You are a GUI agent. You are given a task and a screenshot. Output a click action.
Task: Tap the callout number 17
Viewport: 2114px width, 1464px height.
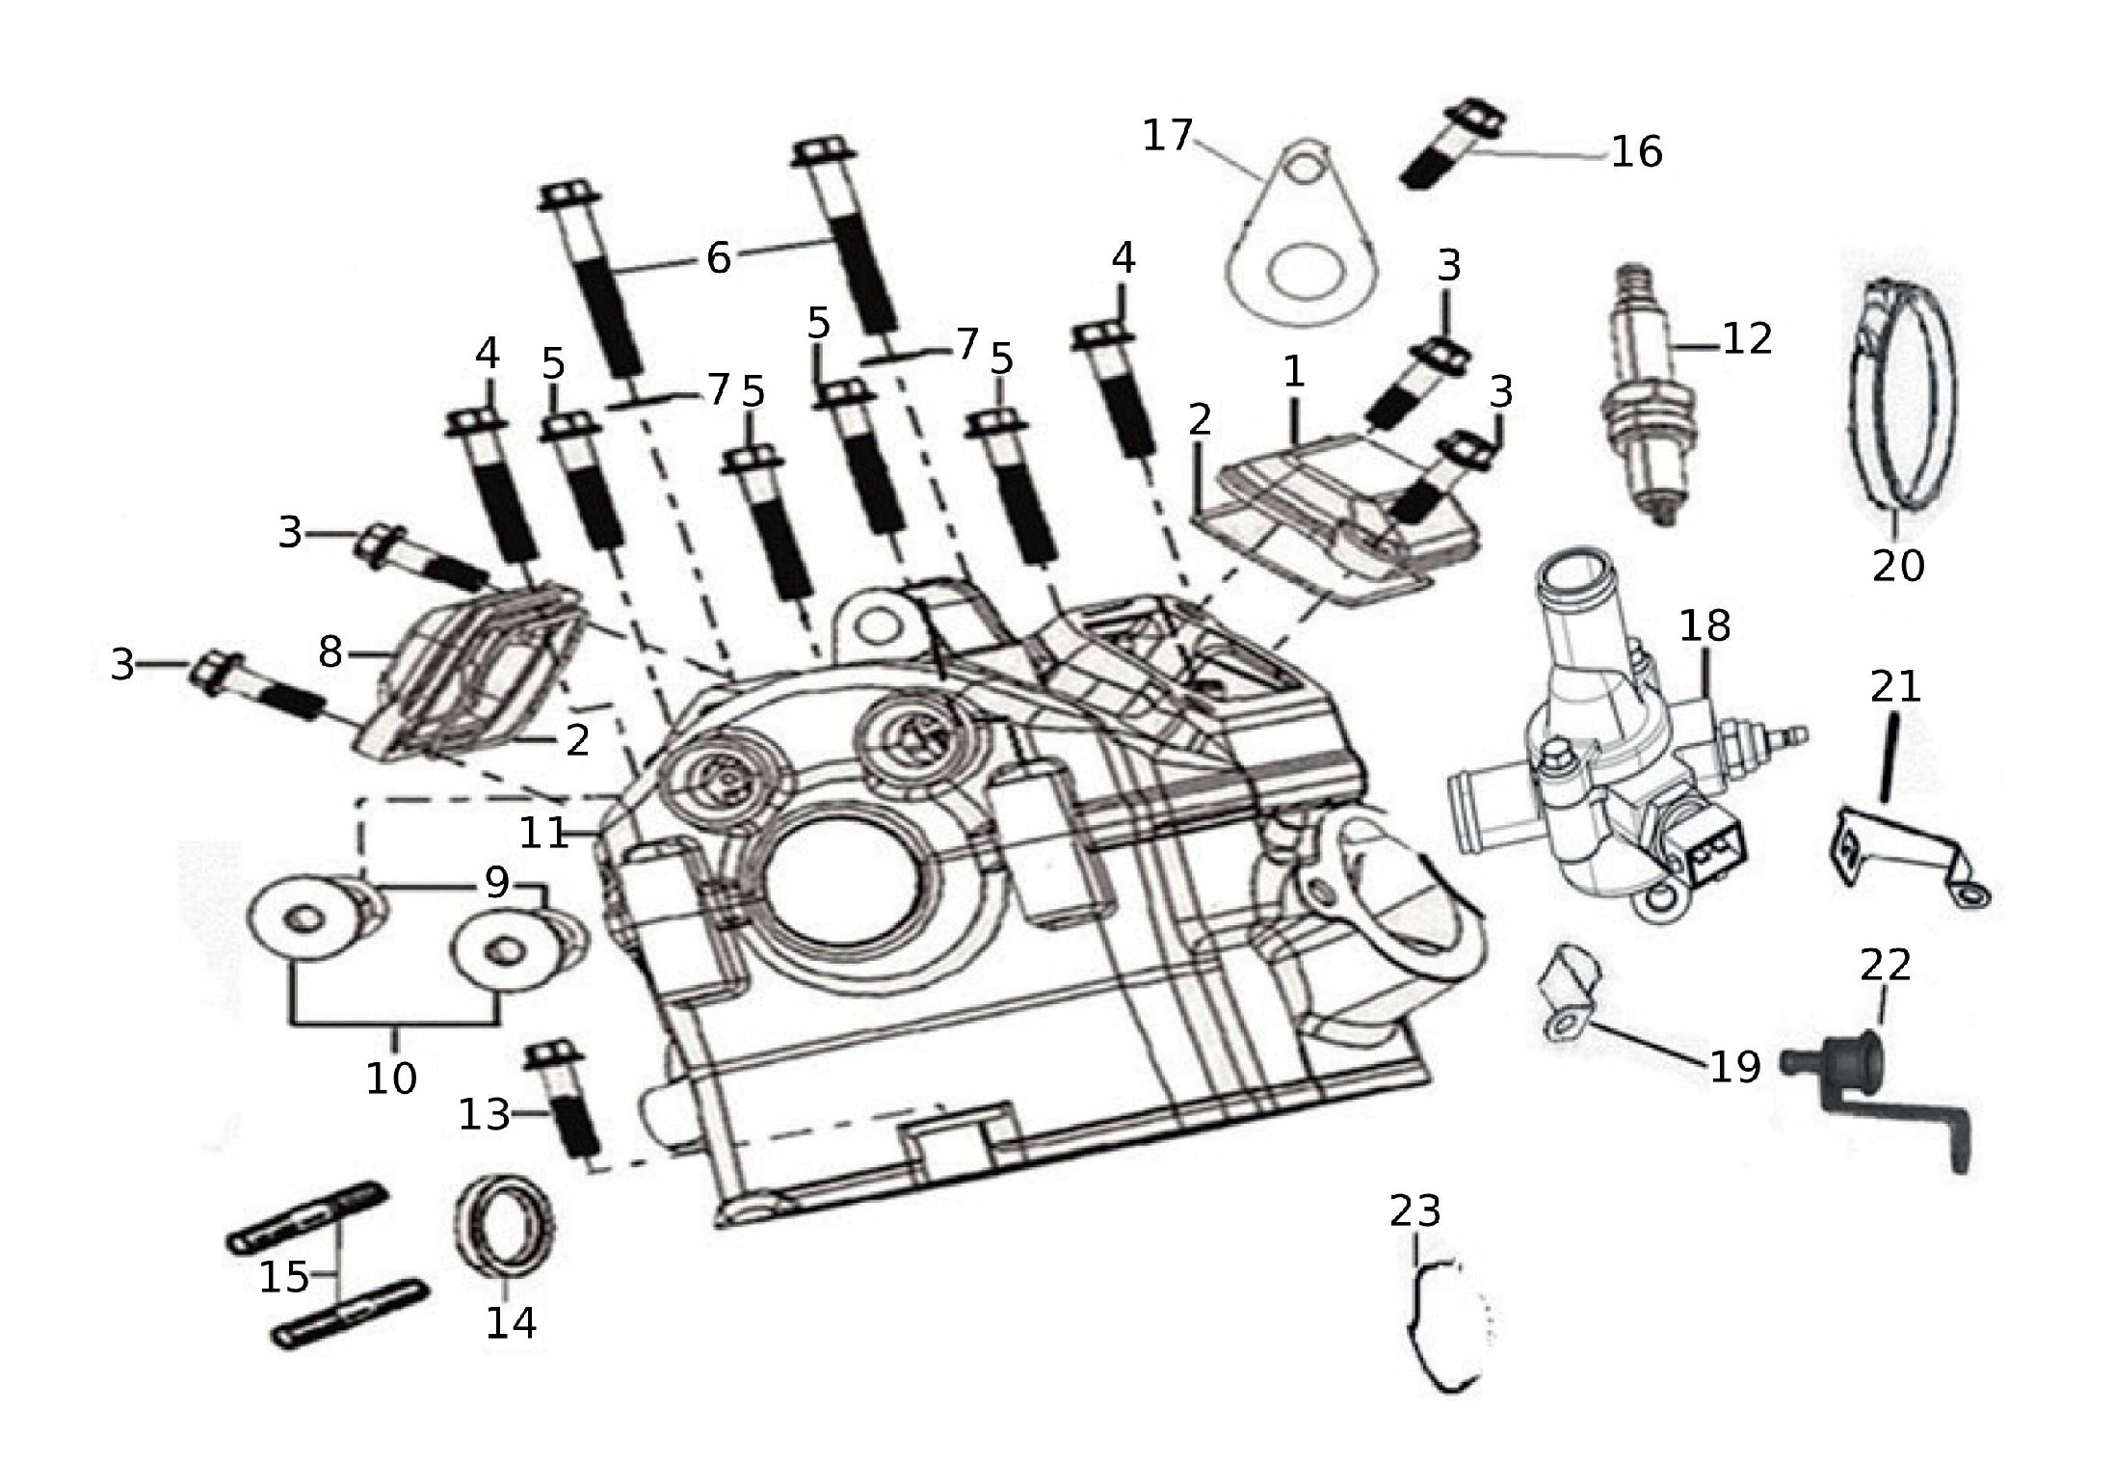pos(1167,136)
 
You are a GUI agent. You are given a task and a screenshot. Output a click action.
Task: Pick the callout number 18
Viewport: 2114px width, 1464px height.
pos(1704,626)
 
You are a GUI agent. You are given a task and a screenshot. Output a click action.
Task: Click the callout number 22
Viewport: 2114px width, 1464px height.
pos(1885,964)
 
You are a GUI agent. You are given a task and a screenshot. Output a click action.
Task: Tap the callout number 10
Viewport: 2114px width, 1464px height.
pos(390,1078)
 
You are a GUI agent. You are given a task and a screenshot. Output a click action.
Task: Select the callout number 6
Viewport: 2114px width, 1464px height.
pos(719,258)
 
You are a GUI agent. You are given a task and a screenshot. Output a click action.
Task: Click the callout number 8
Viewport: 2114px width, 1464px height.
pos(330,652)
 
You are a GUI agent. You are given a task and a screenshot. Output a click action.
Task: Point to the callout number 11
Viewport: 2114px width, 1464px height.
pos(543,833)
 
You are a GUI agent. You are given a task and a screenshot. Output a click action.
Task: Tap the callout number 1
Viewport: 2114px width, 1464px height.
pos(1293,371)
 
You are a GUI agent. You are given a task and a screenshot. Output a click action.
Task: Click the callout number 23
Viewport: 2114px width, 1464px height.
pos(1414,1211)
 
